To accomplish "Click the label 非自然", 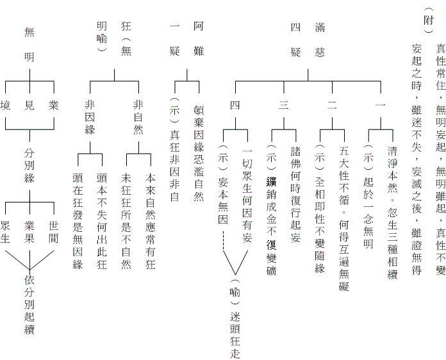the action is tap(138, 117).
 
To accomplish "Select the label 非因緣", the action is tap(90, 117).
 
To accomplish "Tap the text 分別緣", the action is tap(29, 165).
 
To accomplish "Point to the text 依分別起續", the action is tap(29, 305).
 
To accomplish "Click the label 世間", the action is tap(53, 232).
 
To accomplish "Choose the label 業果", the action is tap(29, 232).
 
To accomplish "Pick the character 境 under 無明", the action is tap(5, 106).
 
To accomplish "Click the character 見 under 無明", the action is tap(29, 106).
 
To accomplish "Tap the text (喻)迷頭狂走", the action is tap(235, 319).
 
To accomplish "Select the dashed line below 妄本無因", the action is tap(223, 241).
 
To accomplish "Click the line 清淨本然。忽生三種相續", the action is tap(393, 213).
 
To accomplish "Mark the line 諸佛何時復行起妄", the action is tap(296, 195).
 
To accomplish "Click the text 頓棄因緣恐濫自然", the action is tap(199, 154).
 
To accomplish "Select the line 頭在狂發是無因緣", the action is tap(78, 221).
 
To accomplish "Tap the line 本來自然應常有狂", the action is tap(151, 221).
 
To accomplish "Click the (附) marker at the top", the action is tap(429, 20).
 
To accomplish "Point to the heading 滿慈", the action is tap(320, 40).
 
